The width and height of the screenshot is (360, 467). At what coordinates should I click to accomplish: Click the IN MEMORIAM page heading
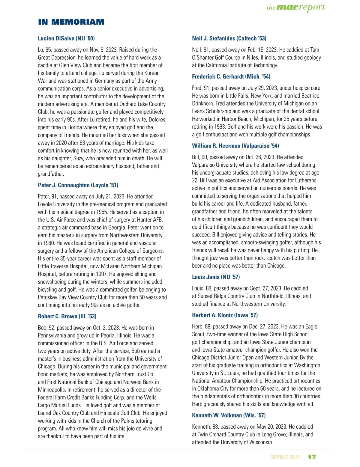[71, 22]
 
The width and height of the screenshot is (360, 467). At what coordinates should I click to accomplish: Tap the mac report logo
[295, 7]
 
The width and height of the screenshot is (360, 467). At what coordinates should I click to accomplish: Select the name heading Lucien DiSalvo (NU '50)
[66, 38]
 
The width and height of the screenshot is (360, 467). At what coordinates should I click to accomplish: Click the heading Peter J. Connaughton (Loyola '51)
[78, 185]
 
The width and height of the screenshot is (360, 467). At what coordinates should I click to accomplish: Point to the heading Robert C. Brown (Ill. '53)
[67, 316]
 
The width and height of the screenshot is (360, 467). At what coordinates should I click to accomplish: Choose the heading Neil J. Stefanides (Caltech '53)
[229, 38]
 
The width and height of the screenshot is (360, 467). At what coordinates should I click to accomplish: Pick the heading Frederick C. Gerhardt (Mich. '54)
[231, 77]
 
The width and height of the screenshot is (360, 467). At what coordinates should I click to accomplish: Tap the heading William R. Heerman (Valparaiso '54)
[235, 146]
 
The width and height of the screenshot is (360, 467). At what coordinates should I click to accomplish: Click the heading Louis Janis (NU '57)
[216, 277]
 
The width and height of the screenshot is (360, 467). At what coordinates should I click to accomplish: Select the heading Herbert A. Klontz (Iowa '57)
[225, 315]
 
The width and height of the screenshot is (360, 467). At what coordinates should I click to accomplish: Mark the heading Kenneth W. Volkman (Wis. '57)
[229, 415]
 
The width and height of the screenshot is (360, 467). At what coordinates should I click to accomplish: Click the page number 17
[312, 457]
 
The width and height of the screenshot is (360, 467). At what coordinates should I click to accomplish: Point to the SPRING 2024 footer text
[285, 457]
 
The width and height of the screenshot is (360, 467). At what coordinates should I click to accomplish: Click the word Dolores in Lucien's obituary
[157, 120]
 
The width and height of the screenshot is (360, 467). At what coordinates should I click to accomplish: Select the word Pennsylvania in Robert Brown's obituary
[52, 336]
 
